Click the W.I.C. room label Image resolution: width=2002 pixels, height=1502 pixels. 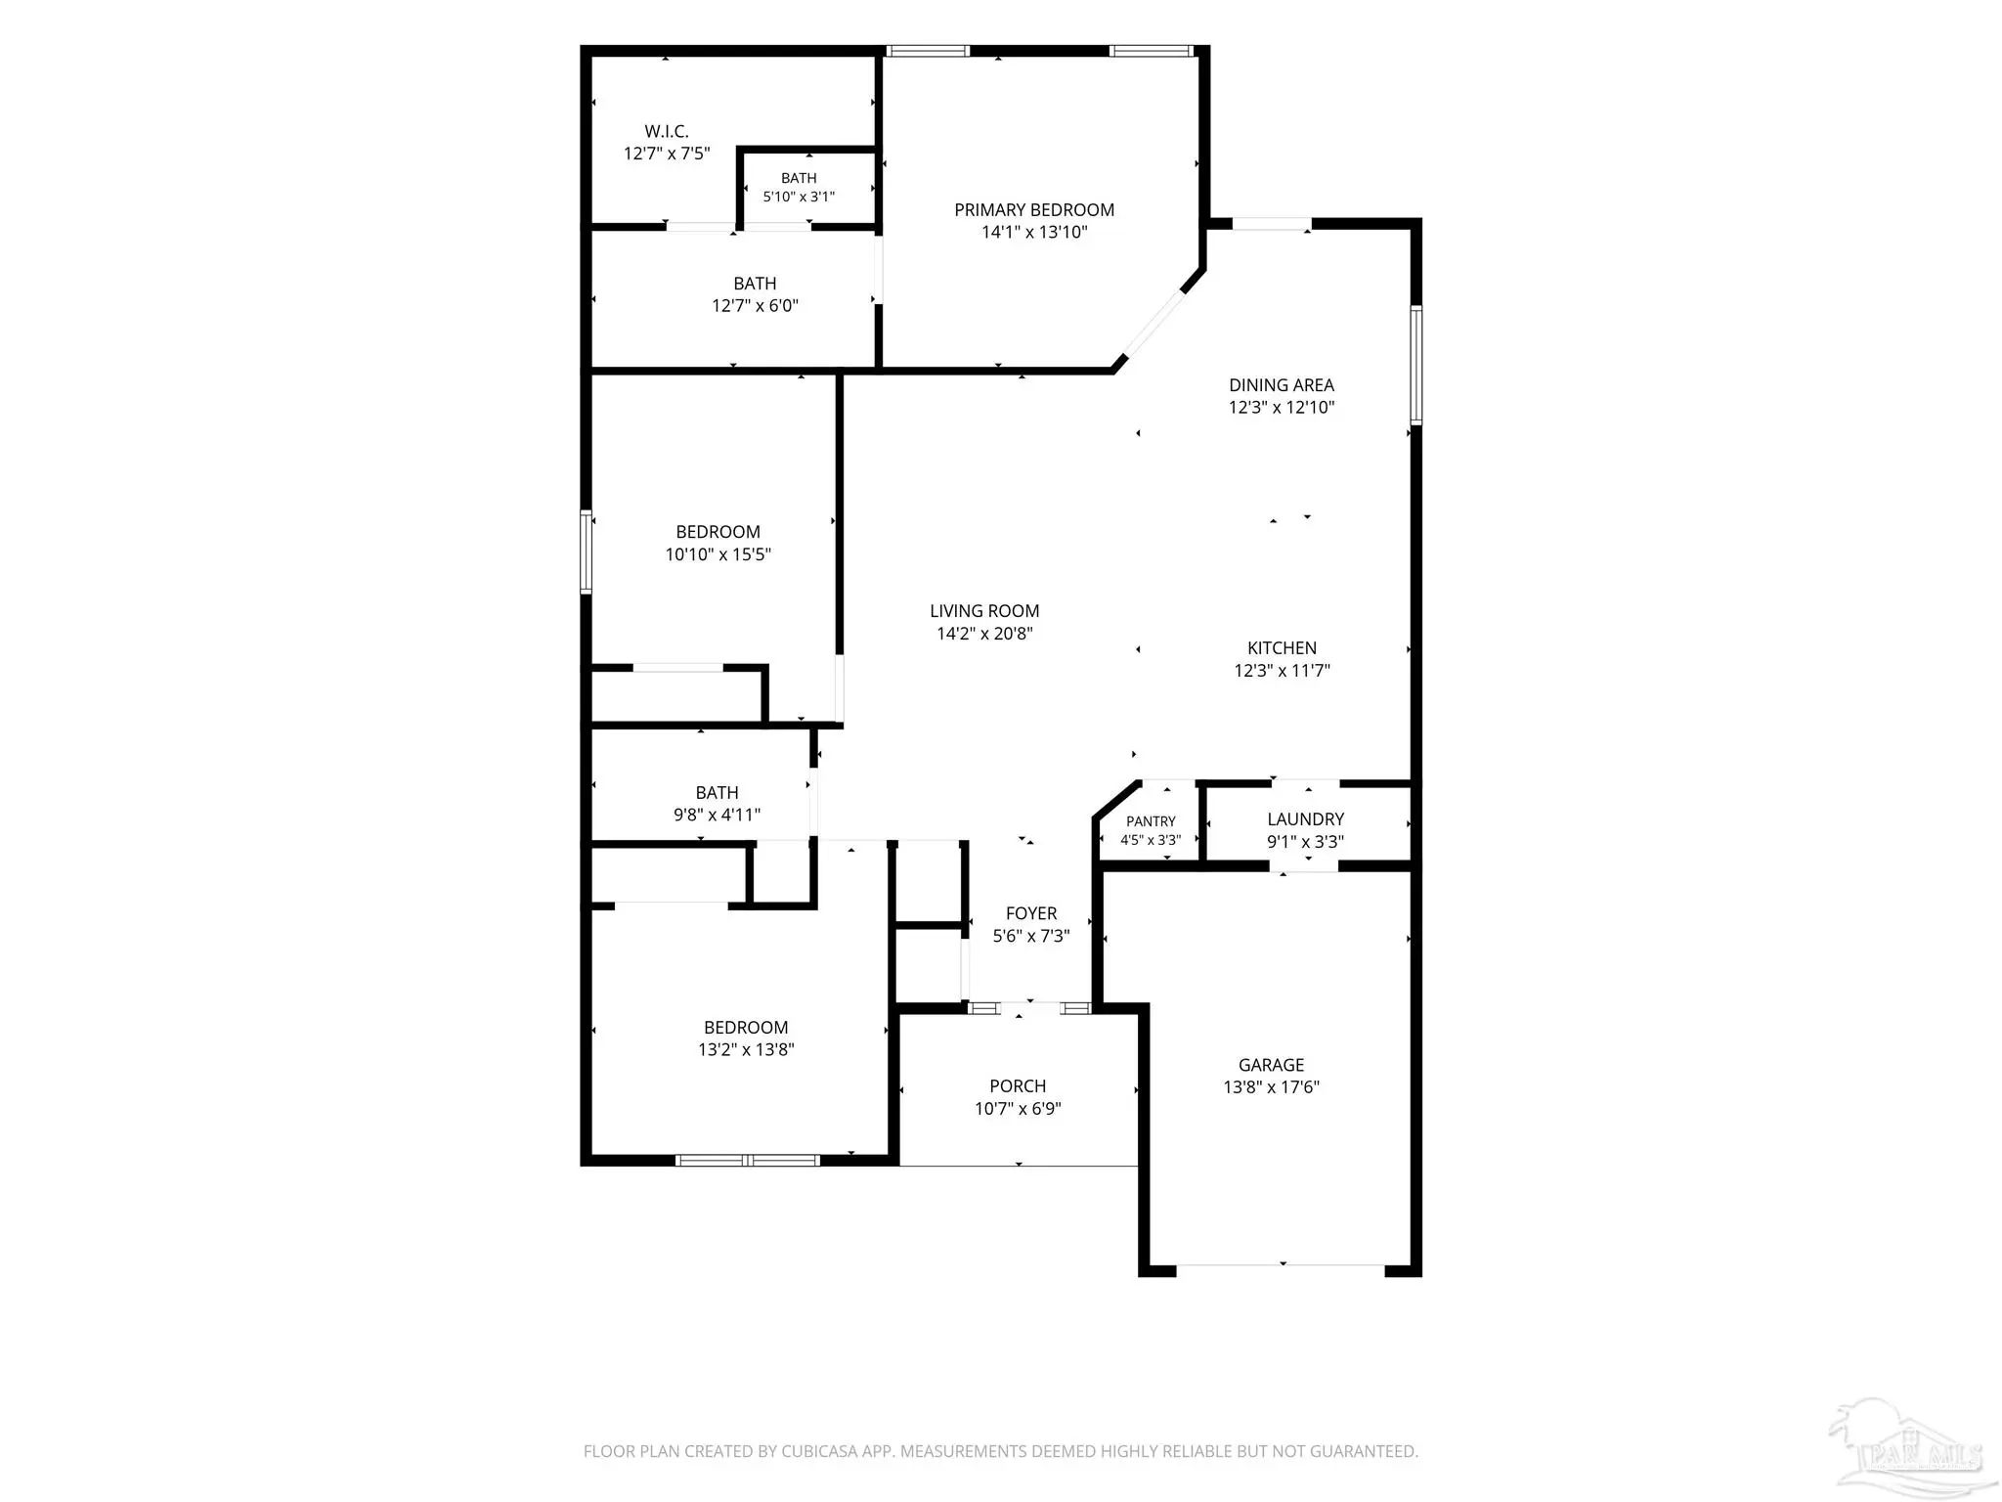667,131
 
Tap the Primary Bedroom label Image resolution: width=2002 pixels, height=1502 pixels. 1034,210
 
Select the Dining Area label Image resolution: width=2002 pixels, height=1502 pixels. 1282,385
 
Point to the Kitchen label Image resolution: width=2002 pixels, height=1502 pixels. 1282,648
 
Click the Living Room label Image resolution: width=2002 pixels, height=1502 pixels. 984,611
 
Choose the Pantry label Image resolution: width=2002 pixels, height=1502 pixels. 1151,821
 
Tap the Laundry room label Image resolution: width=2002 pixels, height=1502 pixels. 1305,819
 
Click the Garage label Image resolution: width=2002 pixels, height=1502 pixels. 1271,1065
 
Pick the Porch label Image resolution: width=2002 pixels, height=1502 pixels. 1018,1086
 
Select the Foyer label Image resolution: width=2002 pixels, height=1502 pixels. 1031,913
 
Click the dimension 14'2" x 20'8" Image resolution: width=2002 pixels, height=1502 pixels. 984,634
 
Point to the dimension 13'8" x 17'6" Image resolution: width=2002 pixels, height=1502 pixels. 1271,1087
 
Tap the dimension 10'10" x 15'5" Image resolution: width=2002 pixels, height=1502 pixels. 718,554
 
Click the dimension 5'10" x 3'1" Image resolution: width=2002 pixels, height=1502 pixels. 799,197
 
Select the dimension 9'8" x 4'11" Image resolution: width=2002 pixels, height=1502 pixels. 717,815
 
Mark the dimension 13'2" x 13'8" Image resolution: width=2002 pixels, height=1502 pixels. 746,1050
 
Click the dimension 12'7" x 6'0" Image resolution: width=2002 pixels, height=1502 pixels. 755,306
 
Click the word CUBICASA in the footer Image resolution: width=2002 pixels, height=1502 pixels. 820,1451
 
